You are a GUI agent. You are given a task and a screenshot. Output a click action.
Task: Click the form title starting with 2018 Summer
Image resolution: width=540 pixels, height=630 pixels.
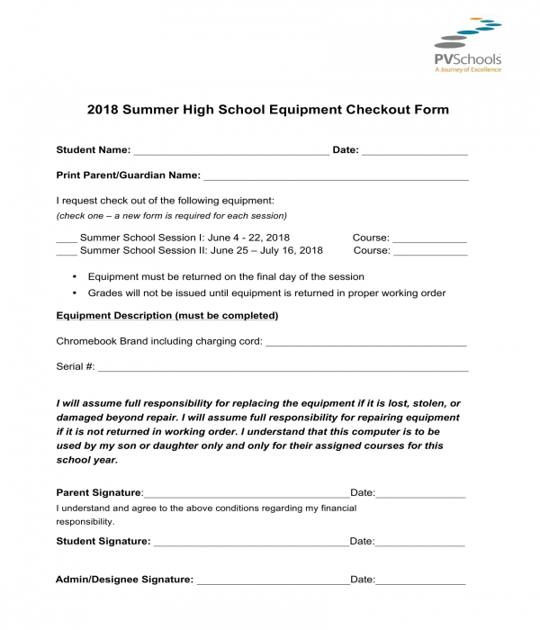click(267, 110)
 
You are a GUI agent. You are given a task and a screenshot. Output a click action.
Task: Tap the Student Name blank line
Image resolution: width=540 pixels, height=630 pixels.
click(230, 152)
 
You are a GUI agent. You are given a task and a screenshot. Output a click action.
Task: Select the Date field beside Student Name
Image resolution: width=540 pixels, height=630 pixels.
click(415, 152)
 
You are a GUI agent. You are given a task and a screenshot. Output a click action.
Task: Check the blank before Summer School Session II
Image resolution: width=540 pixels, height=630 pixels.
click(66, 252)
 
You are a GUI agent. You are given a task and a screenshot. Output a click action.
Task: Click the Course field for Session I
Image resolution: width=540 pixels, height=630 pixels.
click(430, 239)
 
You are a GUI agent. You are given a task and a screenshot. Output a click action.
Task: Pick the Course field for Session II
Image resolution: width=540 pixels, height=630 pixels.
click(430, 252)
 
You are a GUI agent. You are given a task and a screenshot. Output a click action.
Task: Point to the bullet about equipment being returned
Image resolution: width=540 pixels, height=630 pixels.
click(226, 277)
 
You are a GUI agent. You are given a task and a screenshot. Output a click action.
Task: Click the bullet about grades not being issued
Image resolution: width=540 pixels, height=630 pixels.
click(266, 293)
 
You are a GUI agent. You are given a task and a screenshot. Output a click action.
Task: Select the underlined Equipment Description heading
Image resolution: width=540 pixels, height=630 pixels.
click(167, 316)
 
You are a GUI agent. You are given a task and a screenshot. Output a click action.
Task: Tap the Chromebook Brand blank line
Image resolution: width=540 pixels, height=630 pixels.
click(366, 343)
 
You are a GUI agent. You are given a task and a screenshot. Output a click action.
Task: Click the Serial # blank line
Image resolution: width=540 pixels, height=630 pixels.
click(283, 368)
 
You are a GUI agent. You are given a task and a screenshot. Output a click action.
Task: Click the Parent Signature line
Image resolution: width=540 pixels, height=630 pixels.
click(246, 494)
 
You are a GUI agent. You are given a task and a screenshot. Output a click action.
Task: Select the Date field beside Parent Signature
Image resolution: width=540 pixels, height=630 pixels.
click(420, 494)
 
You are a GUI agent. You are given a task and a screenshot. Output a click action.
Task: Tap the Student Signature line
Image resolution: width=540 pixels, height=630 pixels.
click(249, 543)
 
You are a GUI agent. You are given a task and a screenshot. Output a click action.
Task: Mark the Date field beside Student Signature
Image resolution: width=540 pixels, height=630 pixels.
click(420, 543)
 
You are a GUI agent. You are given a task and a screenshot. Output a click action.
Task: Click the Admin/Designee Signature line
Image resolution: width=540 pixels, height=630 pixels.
click(272, 581)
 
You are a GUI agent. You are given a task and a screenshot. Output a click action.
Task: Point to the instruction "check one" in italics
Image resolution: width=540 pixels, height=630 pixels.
click(171, 216)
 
